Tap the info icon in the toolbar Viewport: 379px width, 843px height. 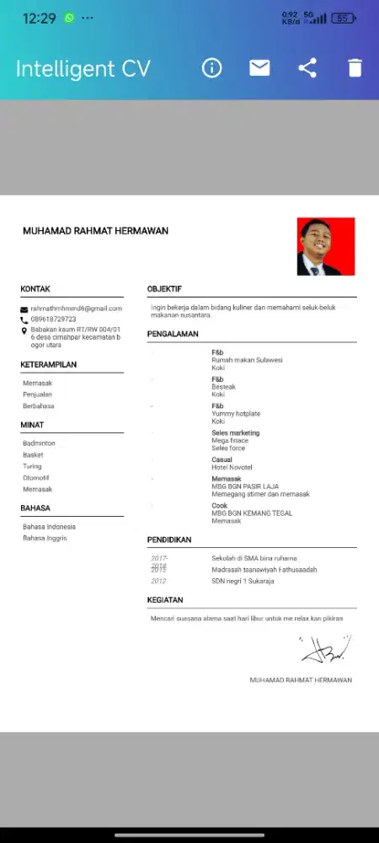(212, 68)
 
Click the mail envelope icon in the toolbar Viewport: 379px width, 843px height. (260, 68)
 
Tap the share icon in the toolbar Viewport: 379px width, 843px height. (307, 68)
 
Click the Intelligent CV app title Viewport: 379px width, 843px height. (83, 68)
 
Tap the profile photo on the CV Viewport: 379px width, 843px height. (326, 246)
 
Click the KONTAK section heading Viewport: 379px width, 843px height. (35, 289)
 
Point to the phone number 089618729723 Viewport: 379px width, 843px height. (54, 319)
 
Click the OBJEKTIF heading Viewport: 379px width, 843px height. (164, 289)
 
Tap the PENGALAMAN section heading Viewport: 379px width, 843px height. (173, 334)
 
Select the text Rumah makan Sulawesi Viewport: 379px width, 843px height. (247, 360)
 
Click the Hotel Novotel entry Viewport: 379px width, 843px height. (232, 467)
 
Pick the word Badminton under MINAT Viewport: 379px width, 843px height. (40, 443)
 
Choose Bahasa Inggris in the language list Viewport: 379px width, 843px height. (45, 538)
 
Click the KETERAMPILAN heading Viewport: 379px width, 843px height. (49, 365)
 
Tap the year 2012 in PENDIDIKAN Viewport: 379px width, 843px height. (158, 581)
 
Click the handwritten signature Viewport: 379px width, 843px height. (326, 648)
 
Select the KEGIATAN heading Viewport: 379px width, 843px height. (165, 599)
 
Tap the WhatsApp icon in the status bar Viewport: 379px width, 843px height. (69, 18)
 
